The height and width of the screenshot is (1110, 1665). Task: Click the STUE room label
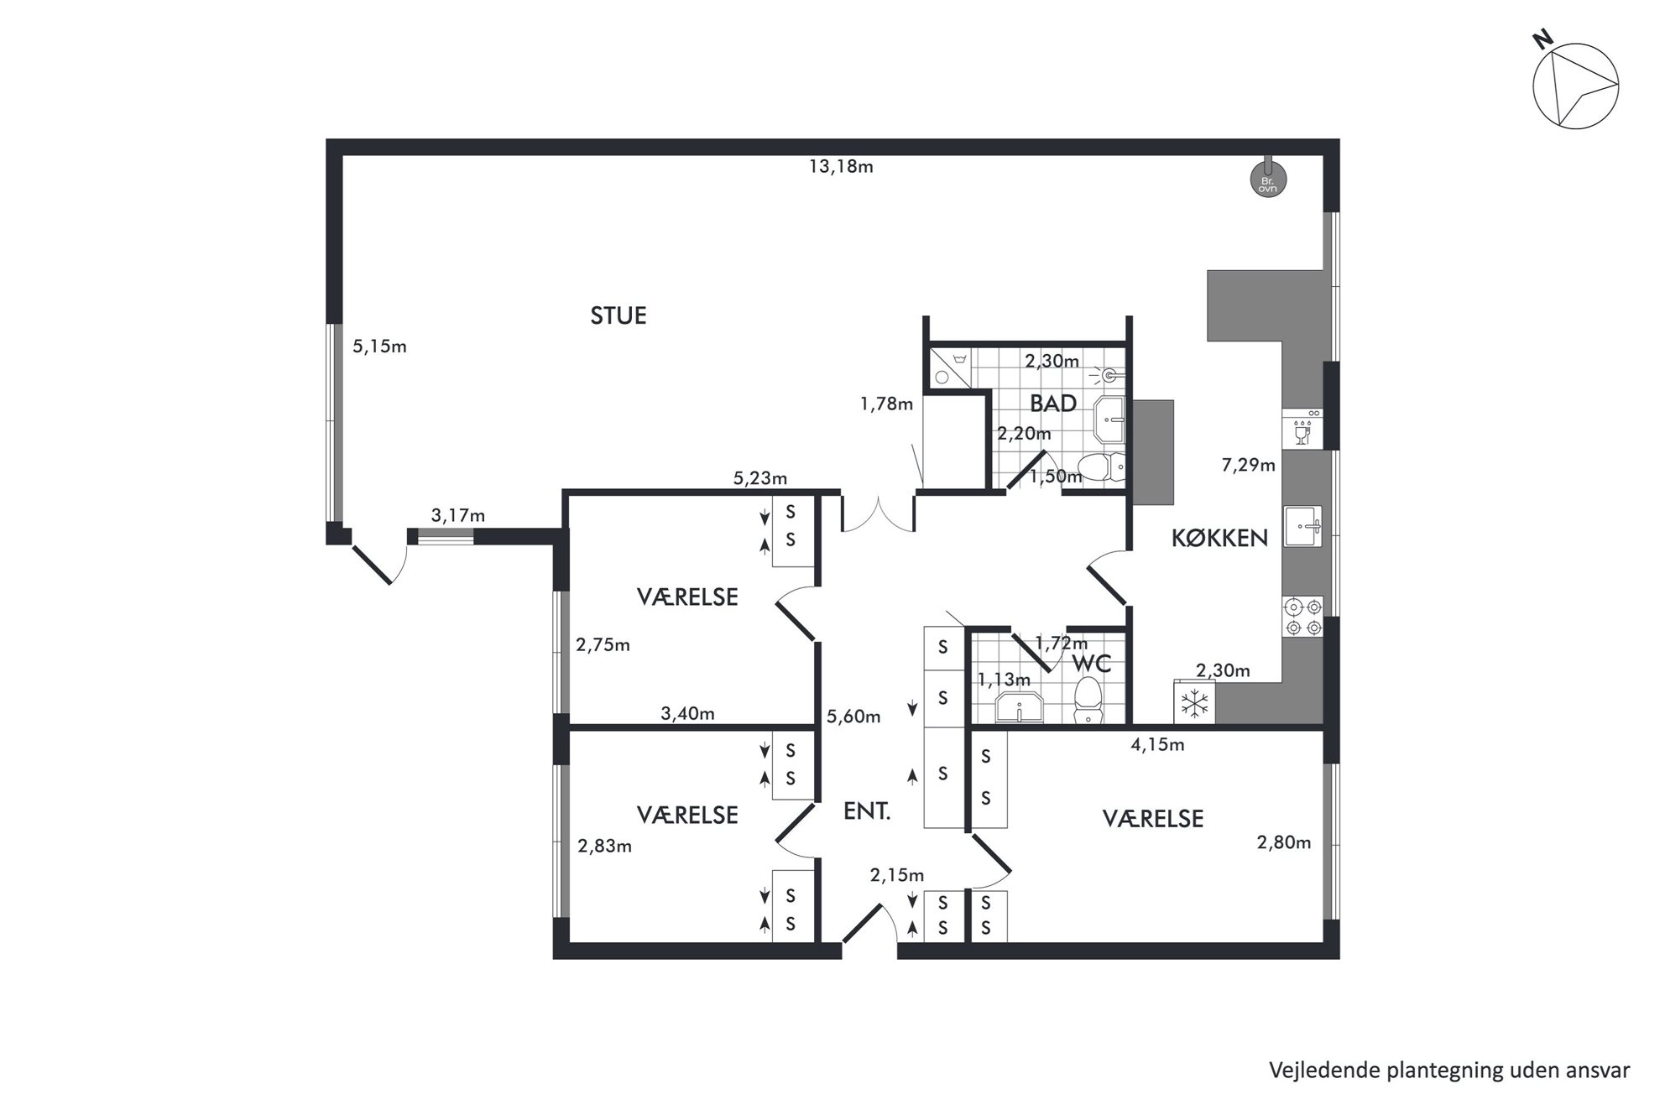click(x=619, y=316)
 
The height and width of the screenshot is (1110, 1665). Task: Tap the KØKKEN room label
click(x=1219, y=539)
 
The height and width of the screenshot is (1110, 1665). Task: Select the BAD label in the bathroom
click(x=1053, y=404)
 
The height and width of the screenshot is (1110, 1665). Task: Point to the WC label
click(x=1092, y=664)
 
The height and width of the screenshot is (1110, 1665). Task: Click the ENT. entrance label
click(x=866, y=812)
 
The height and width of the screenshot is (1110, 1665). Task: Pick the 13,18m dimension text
click(x=841, y=167)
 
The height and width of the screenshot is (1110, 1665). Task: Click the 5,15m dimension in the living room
click(x=379, y=347)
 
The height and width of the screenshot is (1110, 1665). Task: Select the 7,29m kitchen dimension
click(x=1248, y=465)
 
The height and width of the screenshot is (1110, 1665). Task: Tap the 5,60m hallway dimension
click(x=853, y=717)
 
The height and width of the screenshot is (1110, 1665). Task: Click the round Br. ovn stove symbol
click(x=1267, y=180)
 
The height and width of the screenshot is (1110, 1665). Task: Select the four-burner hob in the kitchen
click(x=1302, y=617)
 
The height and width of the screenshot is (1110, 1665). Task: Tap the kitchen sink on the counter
click(x=1302, y=526)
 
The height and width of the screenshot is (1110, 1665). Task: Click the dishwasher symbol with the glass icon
click(x=1302, y=429)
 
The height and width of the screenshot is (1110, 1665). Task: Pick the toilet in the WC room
click(x=1088, y=701)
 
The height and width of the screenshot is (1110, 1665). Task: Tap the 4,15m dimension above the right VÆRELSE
click(x=1157, y=744)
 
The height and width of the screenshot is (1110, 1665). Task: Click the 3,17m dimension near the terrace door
click(x=458, y=515)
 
